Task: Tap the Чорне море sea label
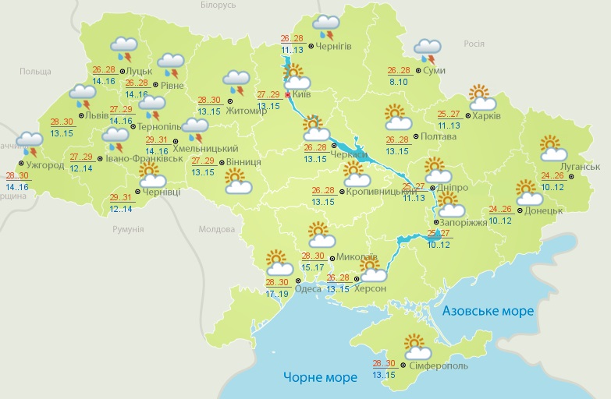pos(321,377)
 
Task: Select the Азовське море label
pos(488,311)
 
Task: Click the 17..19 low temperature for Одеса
pos(277,294)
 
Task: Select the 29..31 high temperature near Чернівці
pos(122,197)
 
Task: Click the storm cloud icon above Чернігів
pos(325,27)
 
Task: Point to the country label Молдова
pos(216,230)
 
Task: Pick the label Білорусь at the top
pos(217,5)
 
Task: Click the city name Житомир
pos(249,111)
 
